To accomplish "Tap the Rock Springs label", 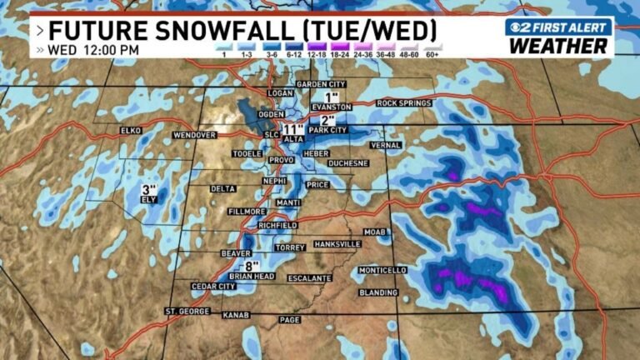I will [x=404, y=103].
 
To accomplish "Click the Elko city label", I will [x=131, y=131].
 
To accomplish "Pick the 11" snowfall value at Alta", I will [x=292, y=129].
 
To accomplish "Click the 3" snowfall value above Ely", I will [x=149, y=189].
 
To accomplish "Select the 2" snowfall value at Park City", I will [x=327, y=119].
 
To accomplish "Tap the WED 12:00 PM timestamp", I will [x=93, y=50].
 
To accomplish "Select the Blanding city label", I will [x=379, y=292].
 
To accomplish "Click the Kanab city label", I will [x=236, y=315].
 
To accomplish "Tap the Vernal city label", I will [x=386, y=145].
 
